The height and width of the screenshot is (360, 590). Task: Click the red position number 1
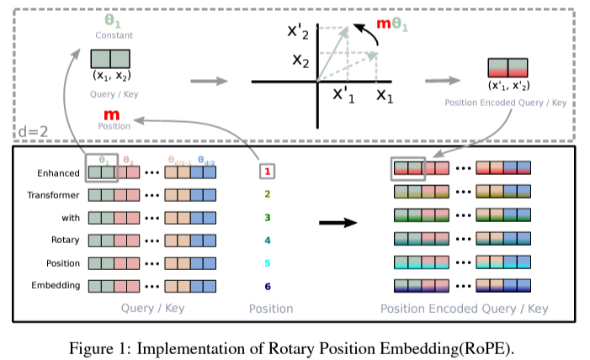tap(268, 172)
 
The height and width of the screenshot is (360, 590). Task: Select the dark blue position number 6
tap(268, 285)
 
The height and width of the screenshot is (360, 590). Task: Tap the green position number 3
tap(268, 217)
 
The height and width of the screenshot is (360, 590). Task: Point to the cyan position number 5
tap(268, 262)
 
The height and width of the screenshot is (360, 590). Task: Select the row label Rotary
tap(66, 240)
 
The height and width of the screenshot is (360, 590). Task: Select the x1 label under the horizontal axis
tap(385, 96)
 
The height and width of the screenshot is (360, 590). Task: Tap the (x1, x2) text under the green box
tap(110, 76)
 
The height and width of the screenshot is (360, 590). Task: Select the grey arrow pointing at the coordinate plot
tap(209, 81)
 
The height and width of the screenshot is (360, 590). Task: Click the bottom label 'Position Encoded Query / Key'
tap(464, 309)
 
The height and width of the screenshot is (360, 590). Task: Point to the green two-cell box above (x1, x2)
tap(110, 59)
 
